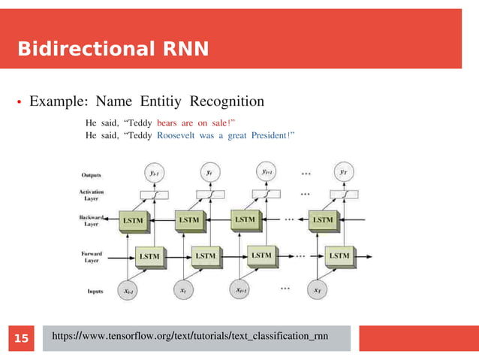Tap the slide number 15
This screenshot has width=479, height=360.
22,339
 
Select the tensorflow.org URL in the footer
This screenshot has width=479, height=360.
189,338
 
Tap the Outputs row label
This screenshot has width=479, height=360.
92,174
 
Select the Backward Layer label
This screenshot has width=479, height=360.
92,220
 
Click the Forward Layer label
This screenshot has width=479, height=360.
92,257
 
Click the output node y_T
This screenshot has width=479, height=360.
343,173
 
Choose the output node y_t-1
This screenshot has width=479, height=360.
154,173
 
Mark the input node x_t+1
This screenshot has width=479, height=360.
240,290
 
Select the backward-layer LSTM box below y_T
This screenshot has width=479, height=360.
323,220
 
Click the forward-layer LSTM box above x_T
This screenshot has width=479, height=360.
339,256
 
